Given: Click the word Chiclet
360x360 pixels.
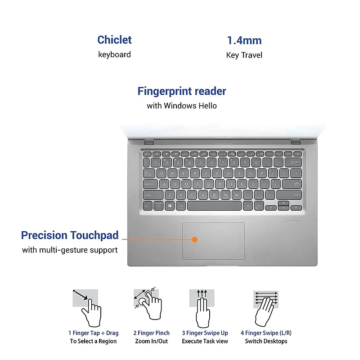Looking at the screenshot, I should point(114,40).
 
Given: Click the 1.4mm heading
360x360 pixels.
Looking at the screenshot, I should point(244,40).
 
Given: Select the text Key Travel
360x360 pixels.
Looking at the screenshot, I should point(244,55).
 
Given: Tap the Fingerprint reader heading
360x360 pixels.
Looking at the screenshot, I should point(181,91).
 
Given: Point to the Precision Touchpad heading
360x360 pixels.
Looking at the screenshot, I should point(70,235).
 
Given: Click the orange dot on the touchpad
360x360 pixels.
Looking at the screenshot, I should point(194,239).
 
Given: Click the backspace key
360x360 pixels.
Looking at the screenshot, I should point(295,162).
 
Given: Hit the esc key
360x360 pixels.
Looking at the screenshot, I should point(147,153).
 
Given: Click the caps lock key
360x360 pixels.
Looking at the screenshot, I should point(150,184).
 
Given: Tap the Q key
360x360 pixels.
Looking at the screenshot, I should point(162,173).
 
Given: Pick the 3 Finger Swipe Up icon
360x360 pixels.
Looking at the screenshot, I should point(202,307).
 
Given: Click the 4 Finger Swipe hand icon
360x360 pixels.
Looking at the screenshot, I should point(265,307).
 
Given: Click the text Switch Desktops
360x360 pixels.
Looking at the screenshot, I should point(265,341).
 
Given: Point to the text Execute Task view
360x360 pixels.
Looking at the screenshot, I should point(205,341).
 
